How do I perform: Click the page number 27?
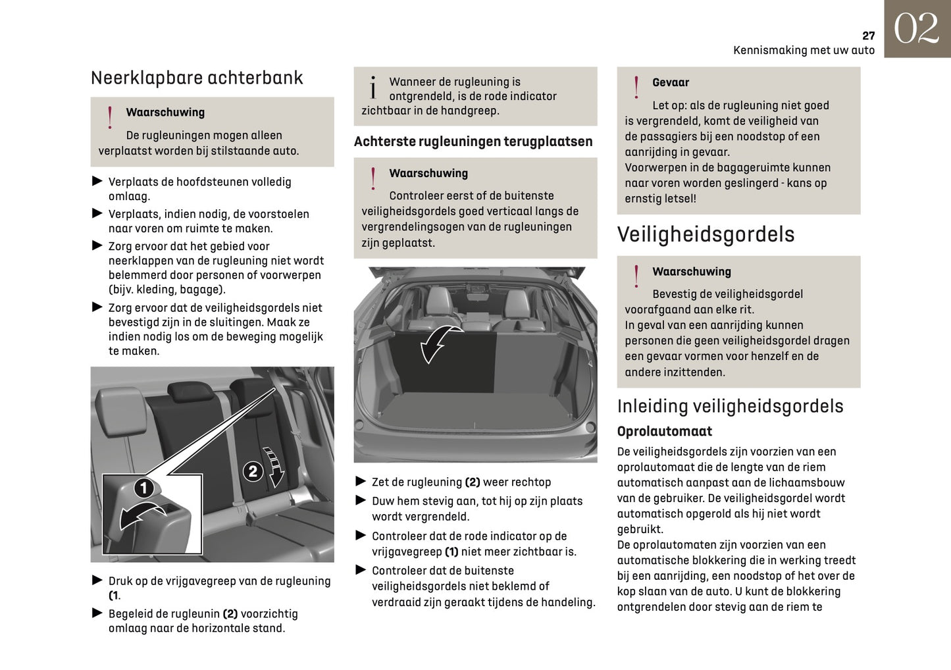pyautogui.click(x=868, y=36)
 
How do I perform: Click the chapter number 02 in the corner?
pyautogui.click(x=916, y=29)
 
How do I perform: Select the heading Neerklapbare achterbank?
pyautogui.click(x=197, y=78)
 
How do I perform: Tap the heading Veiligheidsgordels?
pyautogui.click(x=706, y=234)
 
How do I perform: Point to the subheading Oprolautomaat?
pyautogui.click(x=664, y=431)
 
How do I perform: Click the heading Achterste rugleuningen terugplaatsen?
pyautogui.click(x=473, y=142)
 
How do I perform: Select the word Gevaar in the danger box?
pyautogui.click(x=670, y=82)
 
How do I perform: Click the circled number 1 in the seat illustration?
pyautogui.click(x=144, y=488)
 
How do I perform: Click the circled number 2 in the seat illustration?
pyautogui.click(x=253, y=471)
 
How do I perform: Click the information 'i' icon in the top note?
pyautogui.click(x=373, y=88)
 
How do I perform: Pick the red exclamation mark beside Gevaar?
pyautogui.click(x=636, y=88)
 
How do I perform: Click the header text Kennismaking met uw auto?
pyautogui.click(x=804, y=50)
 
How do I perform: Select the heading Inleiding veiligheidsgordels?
pyautogui.click(x=730, y=406)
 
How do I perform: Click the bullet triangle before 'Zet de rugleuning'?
pyautogui.click(x=361, y=481)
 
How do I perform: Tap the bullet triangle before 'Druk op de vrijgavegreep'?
pyautogui.click(x=97, y=580)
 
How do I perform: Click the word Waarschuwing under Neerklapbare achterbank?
pyautogui.click(x=165, y=113)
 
